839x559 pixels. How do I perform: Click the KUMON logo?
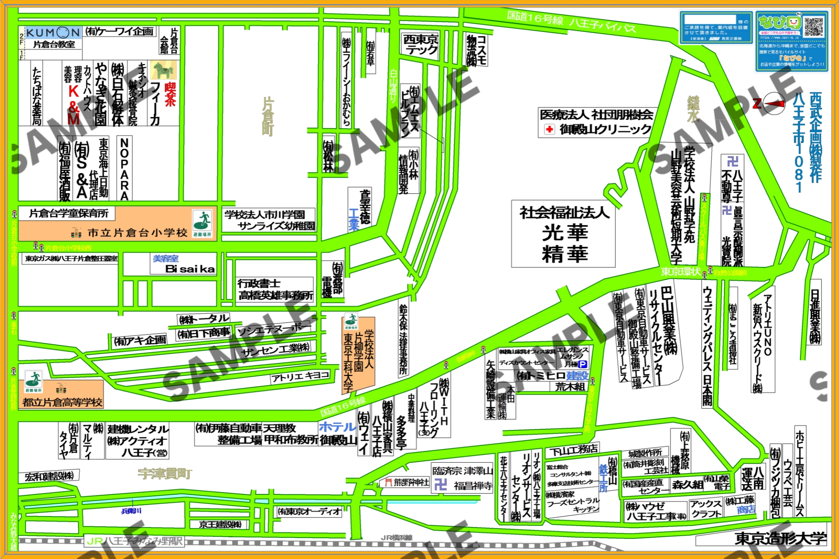[x=53, y=32]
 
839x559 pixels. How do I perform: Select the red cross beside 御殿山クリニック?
[x=549, y=129]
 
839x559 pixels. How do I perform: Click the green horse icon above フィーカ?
[x=163, y=70]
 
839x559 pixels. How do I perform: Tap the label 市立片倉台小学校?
[x=137, y=233]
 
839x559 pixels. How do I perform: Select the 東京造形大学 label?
[x=781, y=538]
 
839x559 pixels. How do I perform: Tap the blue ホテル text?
[x=337, y=427]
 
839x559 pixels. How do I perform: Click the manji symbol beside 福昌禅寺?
[x=441, y=485]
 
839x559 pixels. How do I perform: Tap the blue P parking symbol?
[x=583, y=364]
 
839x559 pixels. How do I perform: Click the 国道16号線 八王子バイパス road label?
[x=571, y=21]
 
